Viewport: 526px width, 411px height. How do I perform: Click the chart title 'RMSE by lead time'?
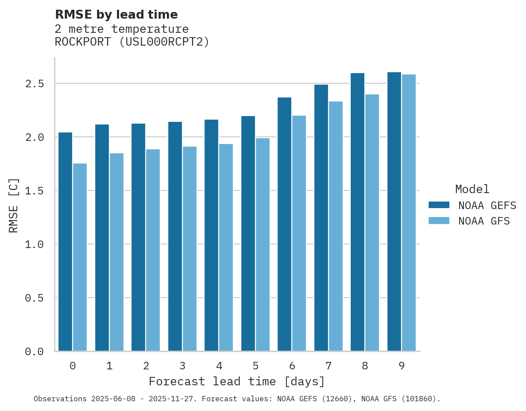[116, 15]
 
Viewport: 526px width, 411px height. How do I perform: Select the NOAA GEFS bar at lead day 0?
[65, 241]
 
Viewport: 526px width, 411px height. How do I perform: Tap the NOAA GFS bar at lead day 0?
[80, 257]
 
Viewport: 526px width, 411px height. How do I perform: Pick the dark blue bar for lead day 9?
[394, 211]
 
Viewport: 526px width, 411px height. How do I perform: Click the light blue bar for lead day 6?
[299, 233]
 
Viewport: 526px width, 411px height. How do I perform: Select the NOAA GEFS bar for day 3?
[175, 236]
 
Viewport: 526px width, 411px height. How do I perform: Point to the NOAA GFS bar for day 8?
[372, 222]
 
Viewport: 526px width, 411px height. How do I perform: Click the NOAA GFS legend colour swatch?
[439, 221]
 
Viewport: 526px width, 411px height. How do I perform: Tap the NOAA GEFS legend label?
[487, 205]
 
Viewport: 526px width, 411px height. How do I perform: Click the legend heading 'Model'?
[472, 189]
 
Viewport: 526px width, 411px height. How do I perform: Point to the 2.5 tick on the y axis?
[35, 84]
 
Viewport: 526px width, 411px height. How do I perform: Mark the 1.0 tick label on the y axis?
[35, 244]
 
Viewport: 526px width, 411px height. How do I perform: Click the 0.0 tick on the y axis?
[35, 352]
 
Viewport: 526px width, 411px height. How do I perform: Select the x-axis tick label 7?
[328, 366]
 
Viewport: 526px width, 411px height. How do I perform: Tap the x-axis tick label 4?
[219, 366]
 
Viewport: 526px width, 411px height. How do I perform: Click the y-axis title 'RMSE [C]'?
[14, 205]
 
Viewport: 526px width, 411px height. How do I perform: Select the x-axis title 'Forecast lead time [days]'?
[237, 381]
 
